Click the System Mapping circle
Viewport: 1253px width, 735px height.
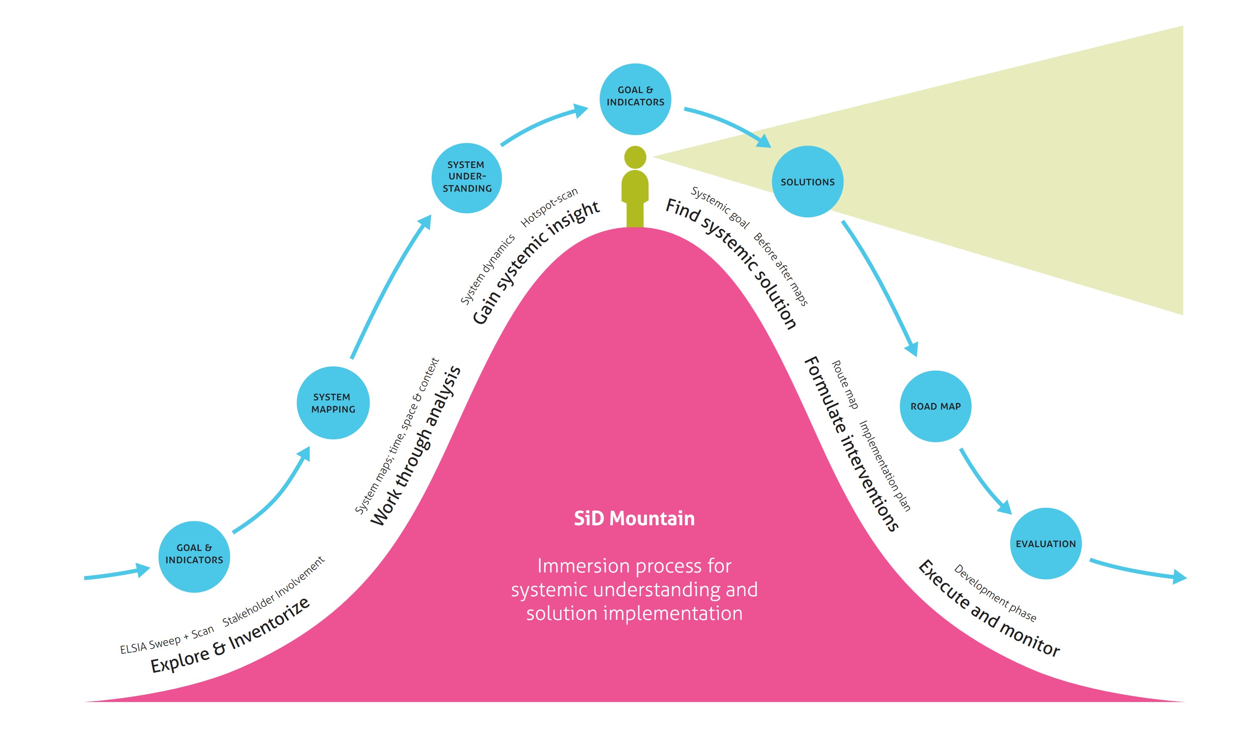click(333, 403)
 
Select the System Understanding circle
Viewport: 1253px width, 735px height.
click(466, 177)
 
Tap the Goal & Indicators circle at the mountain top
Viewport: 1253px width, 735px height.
click(635, 99)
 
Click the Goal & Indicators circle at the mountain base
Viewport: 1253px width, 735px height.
click(194, 556)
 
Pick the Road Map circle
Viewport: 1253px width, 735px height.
click(935, 406)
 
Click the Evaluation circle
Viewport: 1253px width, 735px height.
click(1045, 543)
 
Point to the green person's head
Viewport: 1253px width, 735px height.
click(635, 157)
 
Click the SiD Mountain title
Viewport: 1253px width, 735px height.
click(634, 518)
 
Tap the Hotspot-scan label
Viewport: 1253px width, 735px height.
click(549, 207)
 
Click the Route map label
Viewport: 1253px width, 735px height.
click(845, 385)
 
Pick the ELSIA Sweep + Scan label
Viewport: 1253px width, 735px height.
click(167, 640)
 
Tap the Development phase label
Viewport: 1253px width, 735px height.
click(995, 593)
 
